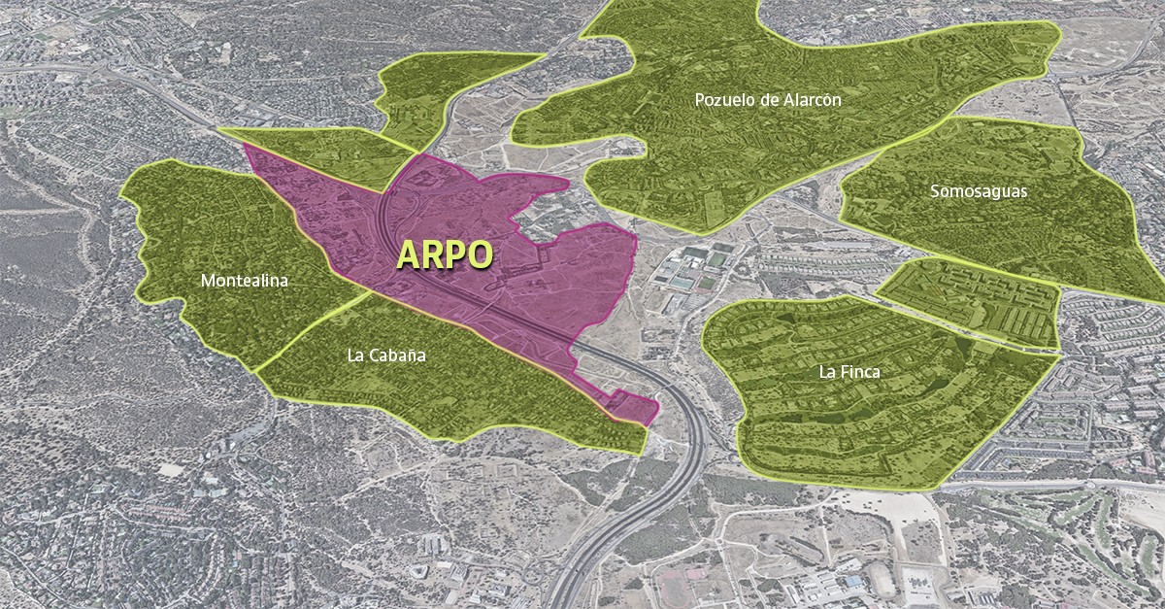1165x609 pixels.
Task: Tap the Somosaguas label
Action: [x=978, y=191]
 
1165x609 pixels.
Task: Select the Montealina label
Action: [x=245, y=281]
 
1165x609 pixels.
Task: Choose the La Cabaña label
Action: [x=385, y=355]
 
